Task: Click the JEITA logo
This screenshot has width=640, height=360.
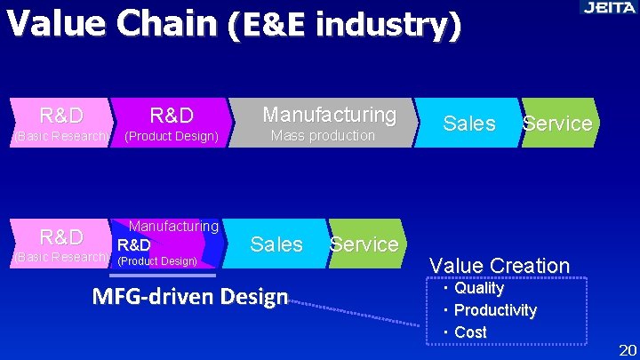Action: [x=608, y=8]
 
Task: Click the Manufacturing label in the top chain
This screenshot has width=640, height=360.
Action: [x=329, y=114]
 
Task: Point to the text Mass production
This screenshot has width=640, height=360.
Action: [x=323, y=136]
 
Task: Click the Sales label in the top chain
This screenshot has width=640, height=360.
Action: [x=468, y=124]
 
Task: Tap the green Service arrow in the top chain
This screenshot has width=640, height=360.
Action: [x=557, y=124]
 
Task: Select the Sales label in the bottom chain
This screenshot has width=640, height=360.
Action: [x=276, y=244]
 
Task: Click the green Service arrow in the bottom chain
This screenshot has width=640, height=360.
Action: [x=364, y=244]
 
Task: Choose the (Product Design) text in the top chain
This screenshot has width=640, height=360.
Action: [x=172, y=136]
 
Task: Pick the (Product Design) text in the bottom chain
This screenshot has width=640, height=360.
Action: [x=157, y=261]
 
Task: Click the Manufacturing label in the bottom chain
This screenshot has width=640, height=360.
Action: [x=173, y=227]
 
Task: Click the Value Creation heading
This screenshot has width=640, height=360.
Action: [x=499, y=265]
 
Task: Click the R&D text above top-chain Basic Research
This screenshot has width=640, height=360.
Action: [x=61, y=116]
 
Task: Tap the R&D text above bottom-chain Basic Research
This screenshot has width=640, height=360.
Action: [x=61, y=237]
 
